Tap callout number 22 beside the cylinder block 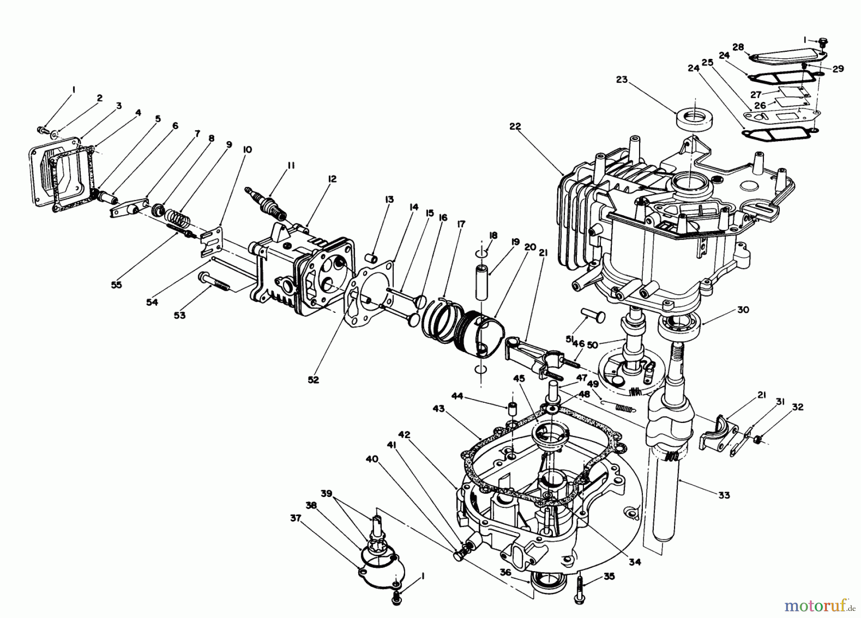515,127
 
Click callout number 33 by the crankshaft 725,495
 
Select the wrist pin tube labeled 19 480,279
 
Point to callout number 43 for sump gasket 439,409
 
